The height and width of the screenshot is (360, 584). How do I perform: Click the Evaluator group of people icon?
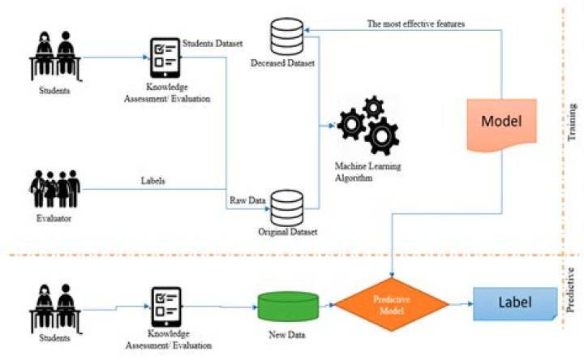[52, 189]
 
